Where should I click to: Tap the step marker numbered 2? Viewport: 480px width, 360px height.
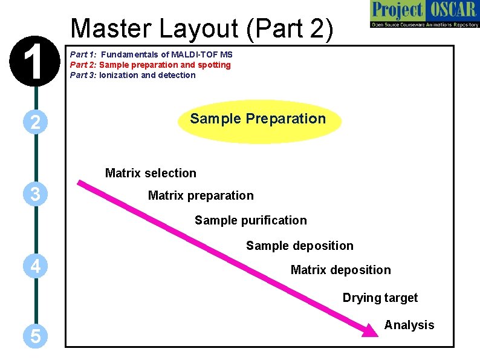coord(36,122)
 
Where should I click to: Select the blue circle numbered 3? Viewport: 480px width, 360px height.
coord(36,194)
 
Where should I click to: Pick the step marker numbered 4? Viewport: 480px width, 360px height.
coord(36,266)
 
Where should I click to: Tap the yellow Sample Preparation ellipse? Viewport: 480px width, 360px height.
coord(259,121)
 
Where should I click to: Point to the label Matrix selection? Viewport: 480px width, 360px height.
coord(151,173)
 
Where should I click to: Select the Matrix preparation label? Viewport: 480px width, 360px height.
coord(201,195)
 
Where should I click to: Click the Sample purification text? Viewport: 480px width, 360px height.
coord(250,220)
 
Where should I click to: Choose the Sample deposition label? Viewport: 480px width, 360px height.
coord(299,246)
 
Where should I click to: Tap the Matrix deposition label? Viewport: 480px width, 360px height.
coord(340,270)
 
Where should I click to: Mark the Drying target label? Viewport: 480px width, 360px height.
coord(380,298)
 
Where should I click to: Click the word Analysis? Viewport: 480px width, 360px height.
coord(409,325)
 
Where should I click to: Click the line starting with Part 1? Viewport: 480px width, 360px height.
coord(151,54)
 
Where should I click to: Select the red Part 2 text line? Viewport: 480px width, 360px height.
coord(151,65)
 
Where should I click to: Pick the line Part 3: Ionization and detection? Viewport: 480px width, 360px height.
coord(133,75)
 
